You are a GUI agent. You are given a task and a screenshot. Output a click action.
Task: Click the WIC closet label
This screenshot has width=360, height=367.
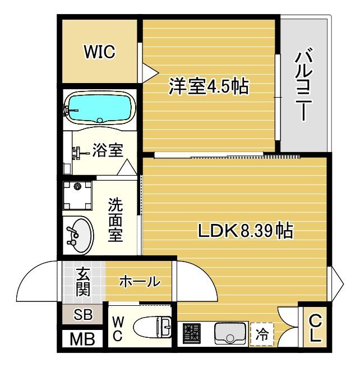coord(100,52)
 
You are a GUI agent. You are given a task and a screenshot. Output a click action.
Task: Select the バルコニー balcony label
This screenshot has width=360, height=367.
coord(303,85)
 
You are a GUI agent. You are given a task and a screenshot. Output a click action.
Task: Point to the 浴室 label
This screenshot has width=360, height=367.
coord(108,150)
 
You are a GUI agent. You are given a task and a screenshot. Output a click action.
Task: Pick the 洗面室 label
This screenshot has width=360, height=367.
coord(116,219)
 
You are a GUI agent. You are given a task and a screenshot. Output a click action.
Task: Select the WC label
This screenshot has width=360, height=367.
coord(118,328)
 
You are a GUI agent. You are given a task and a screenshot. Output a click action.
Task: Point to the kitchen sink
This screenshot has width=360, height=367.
coord(230,333)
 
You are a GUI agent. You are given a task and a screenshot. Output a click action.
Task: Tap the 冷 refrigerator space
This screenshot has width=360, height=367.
coord(262,335)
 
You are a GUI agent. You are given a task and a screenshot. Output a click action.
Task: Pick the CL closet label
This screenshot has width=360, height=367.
coord(315,328)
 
